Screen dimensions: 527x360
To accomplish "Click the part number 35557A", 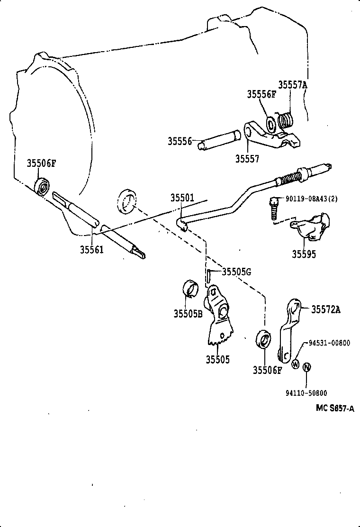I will (x=292, y=85).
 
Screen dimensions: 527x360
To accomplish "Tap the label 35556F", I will (x=261, y=94).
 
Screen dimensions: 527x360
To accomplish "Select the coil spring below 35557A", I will (x=285, y=120).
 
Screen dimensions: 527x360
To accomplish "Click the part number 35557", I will (x=247, y=158).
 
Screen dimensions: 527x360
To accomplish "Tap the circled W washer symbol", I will (x=295, y=364).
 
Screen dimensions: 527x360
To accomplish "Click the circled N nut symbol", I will (x=306, y=366).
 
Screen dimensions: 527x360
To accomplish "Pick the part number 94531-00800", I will (x=330, y=343).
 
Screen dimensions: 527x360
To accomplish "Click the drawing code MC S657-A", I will (x=335, y=408).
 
